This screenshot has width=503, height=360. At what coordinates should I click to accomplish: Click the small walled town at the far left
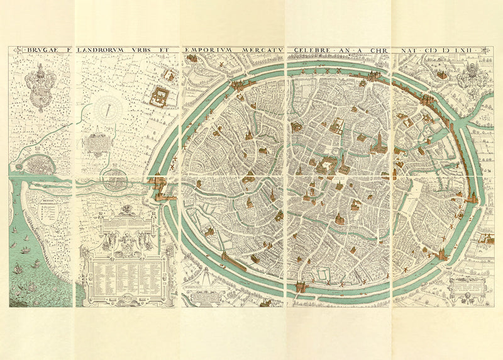tap(38, 165)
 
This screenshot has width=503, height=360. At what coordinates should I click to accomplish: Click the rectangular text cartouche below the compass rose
tap(97, 144)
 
